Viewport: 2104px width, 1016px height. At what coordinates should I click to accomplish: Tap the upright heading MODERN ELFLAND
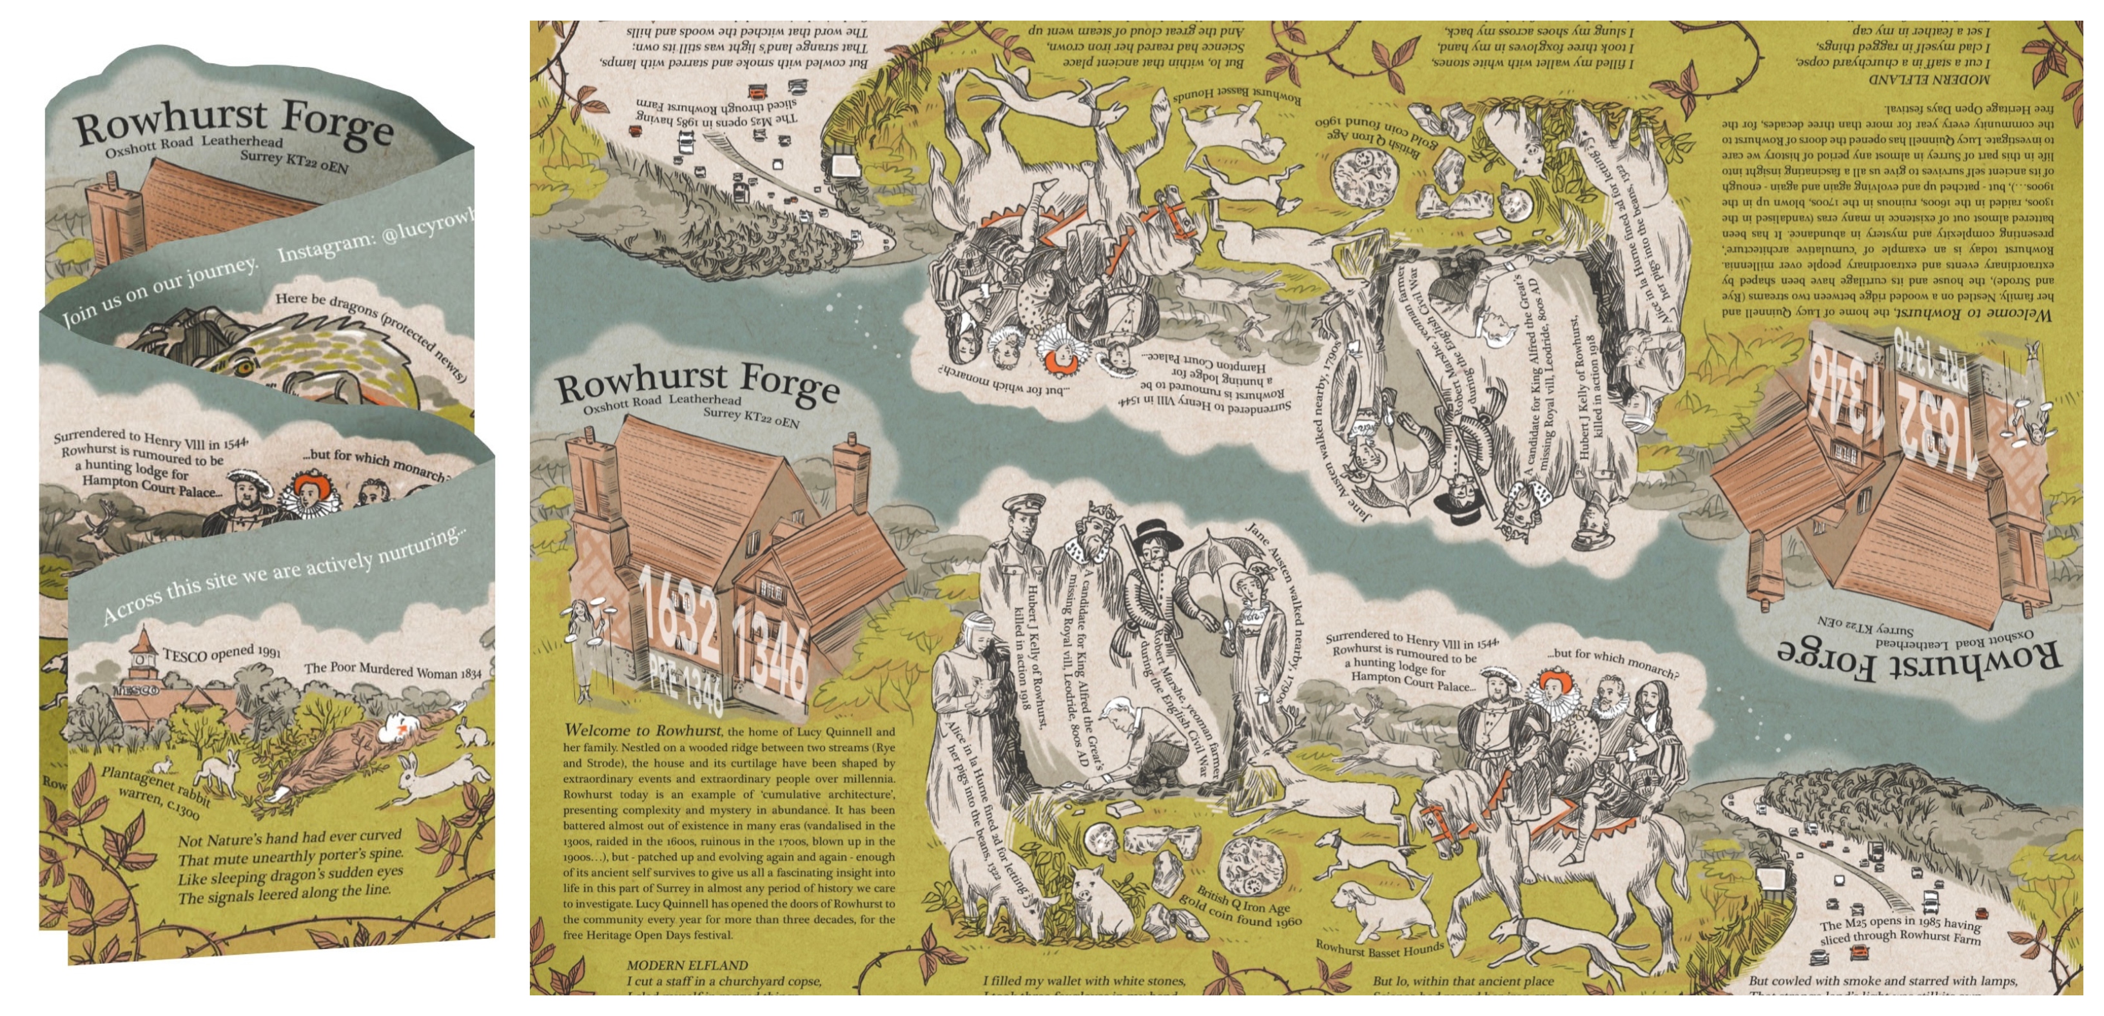676,965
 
